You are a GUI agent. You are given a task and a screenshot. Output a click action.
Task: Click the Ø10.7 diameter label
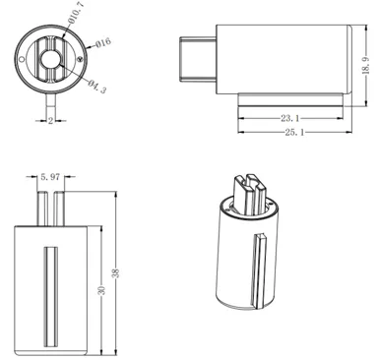[77, 13]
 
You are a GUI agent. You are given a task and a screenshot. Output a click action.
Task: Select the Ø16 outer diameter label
[103, 42]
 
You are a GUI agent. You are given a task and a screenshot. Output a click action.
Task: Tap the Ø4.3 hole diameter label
[97, 87]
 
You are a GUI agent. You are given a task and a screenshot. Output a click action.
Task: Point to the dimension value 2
[50, 121]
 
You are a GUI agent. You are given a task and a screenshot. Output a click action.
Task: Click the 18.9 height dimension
[366, 66]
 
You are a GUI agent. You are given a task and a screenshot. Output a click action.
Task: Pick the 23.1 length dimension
[290, 118]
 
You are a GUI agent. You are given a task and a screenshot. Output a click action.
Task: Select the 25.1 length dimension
[294, 132]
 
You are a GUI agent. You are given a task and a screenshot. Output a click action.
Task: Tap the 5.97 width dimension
[50, 177]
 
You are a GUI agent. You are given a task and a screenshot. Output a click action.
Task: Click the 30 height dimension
[101, 290]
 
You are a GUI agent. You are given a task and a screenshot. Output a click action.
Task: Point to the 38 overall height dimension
[115, 273]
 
